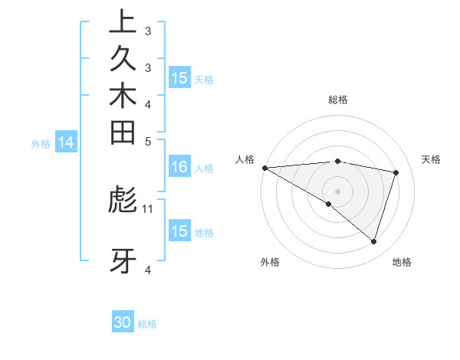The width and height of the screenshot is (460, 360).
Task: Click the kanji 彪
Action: point(123,200)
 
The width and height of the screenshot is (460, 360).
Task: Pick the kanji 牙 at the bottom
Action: point(123,261)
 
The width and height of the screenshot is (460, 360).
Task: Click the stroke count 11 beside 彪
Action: point(148,208)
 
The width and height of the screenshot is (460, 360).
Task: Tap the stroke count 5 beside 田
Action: point(148,141)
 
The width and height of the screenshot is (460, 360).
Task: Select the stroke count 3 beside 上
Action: point(148,31)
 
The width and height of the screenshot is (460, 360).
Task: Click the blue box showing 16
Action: point(179,168)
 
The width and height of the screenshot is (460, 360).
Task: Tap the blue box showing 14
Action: point(67,142)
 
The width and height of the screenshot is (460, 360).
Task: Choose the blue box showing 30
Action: point(123,323)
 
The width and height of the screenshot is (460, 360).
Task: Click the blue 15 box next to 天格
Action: point(179,78)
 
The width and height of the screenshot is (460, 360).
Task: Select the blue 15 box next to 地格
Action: point(179,231)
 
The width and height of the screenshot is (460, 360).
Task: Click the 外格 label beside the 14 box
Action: point(41,142)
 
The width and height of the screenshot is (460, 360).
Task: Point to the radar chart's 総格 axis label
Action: point(337,100)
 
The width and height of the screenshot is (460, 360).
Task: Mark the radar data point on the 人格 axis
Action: point(264,167)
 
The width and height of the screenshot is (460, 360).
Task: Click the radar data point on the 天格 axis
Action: point(396,172)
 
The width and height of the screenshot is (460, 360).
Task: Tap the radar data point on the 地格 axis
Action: point(373,241)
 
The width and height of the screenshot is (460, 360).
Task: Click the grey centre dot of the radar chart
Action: point(337,191)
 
